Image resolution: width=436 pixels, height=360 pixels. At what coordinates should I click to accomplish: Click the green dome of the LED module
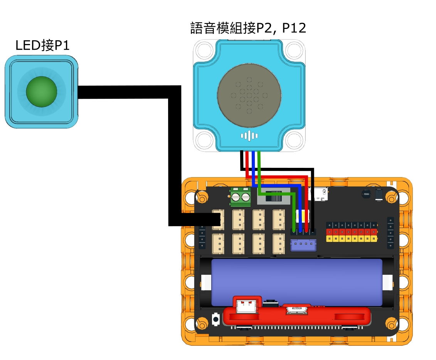pyautogui.click(x=41, y=91)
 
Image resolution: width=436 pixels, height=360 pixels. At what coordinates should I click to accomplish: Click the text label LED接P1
pyautogui.click(x=42, y=46)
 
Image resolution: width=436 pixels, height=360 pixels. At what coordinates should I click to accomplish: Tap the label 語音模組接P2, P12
pyautogui.click(x=248, y=28)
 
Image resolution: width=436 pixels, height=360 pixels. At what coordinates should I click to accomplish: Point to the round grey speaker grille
pyautogui.click(x=249, y=95)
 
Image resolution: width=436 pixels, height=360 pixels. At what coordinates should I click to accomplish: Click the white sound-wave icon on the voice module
pyautogui.click(x=249, y=136)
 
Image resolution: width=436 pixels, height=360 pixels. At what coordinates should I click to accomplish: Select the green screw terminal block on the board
pyautogui.click(x=241, y=197)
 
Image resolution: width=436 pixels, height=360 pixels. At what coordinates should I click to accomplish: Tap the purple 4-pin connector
pyautogui.click(x=303, y=245)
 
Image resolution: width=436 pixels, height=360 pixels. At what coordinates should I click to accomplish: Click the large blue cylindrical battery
pyautogui.click(x=297, y=282)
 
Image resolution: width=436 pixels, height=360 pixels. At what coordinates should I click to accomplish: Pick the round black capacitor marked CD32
pyautogui.click(x=366, y=194)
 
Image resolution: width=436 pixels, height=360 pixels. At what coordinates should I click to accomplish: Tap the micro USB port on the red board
pyautogui.click(x=296, y=309)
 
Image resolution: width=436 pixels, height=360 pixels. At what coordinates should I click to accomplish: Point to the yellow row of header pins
pyautogui.click(x=351, y=239)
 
